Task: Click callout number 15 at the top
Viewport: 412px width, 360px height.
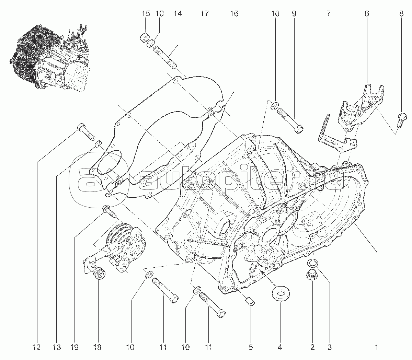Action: coord(146,14)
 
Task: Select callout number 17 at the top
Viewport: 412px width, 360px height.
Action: coord(205,14)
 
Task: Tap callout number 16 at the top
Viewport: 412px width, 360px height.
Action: coord(234,14)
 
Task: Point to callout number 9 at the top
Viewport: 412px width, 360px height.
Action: coord(294,14)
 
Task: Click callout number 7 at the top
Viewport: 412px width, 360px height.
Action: coord(329,14)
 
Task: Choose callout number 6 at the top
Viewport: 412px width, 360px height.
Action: coord(367,14)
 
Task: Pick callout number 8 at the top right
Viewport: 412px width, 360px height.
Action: coord(401,14)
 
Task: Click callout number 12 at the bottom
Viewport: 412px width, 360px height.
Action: coord(37,348)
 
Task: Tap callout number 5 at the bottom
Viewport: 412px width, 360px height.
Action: coord(251,348)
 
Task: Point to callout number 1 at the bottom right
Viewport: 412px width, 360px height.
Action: coord(377,348)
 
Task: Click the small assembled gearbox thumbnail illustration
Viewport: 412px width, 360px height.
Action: coord(50,57)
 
